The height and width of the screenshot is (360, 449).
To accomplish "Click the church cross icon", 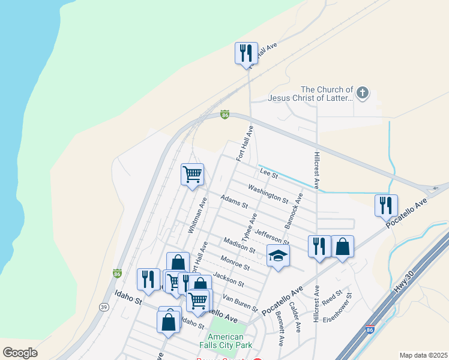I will pos(361,92).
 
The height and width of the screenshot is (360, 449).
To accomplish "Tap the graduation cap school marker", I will pos(278,256).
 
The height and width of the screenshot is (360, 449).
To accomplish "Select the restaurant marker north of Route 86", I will pos(246,53).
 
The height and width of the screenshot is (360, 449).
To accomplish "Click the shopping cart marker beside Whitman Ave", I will pos(192,175).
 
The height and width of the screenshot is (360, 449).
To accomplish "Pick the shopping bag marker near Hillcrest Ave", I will pos(342,246).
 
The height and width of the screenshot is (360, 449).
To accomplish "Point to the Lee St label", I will pos(269,175).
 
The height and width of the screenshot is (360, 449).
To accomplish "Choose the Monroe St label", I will pos(235,263).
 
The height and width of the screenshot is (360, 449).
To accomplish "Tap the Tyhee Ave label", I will pos(249,227).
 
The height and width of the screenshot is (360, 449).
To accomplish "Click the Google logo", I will pos(20,352).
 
